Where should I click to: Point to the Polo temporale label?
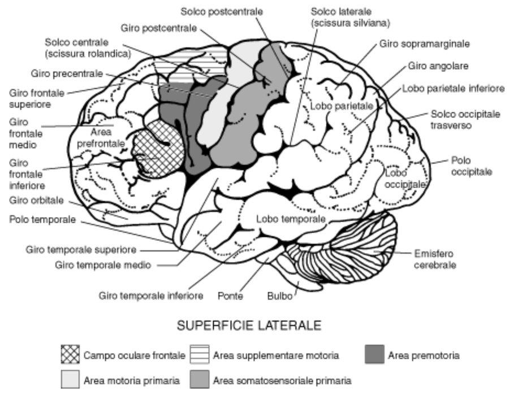coord(42,219)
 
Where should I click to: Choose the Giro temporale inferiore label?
coord(151,296)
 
